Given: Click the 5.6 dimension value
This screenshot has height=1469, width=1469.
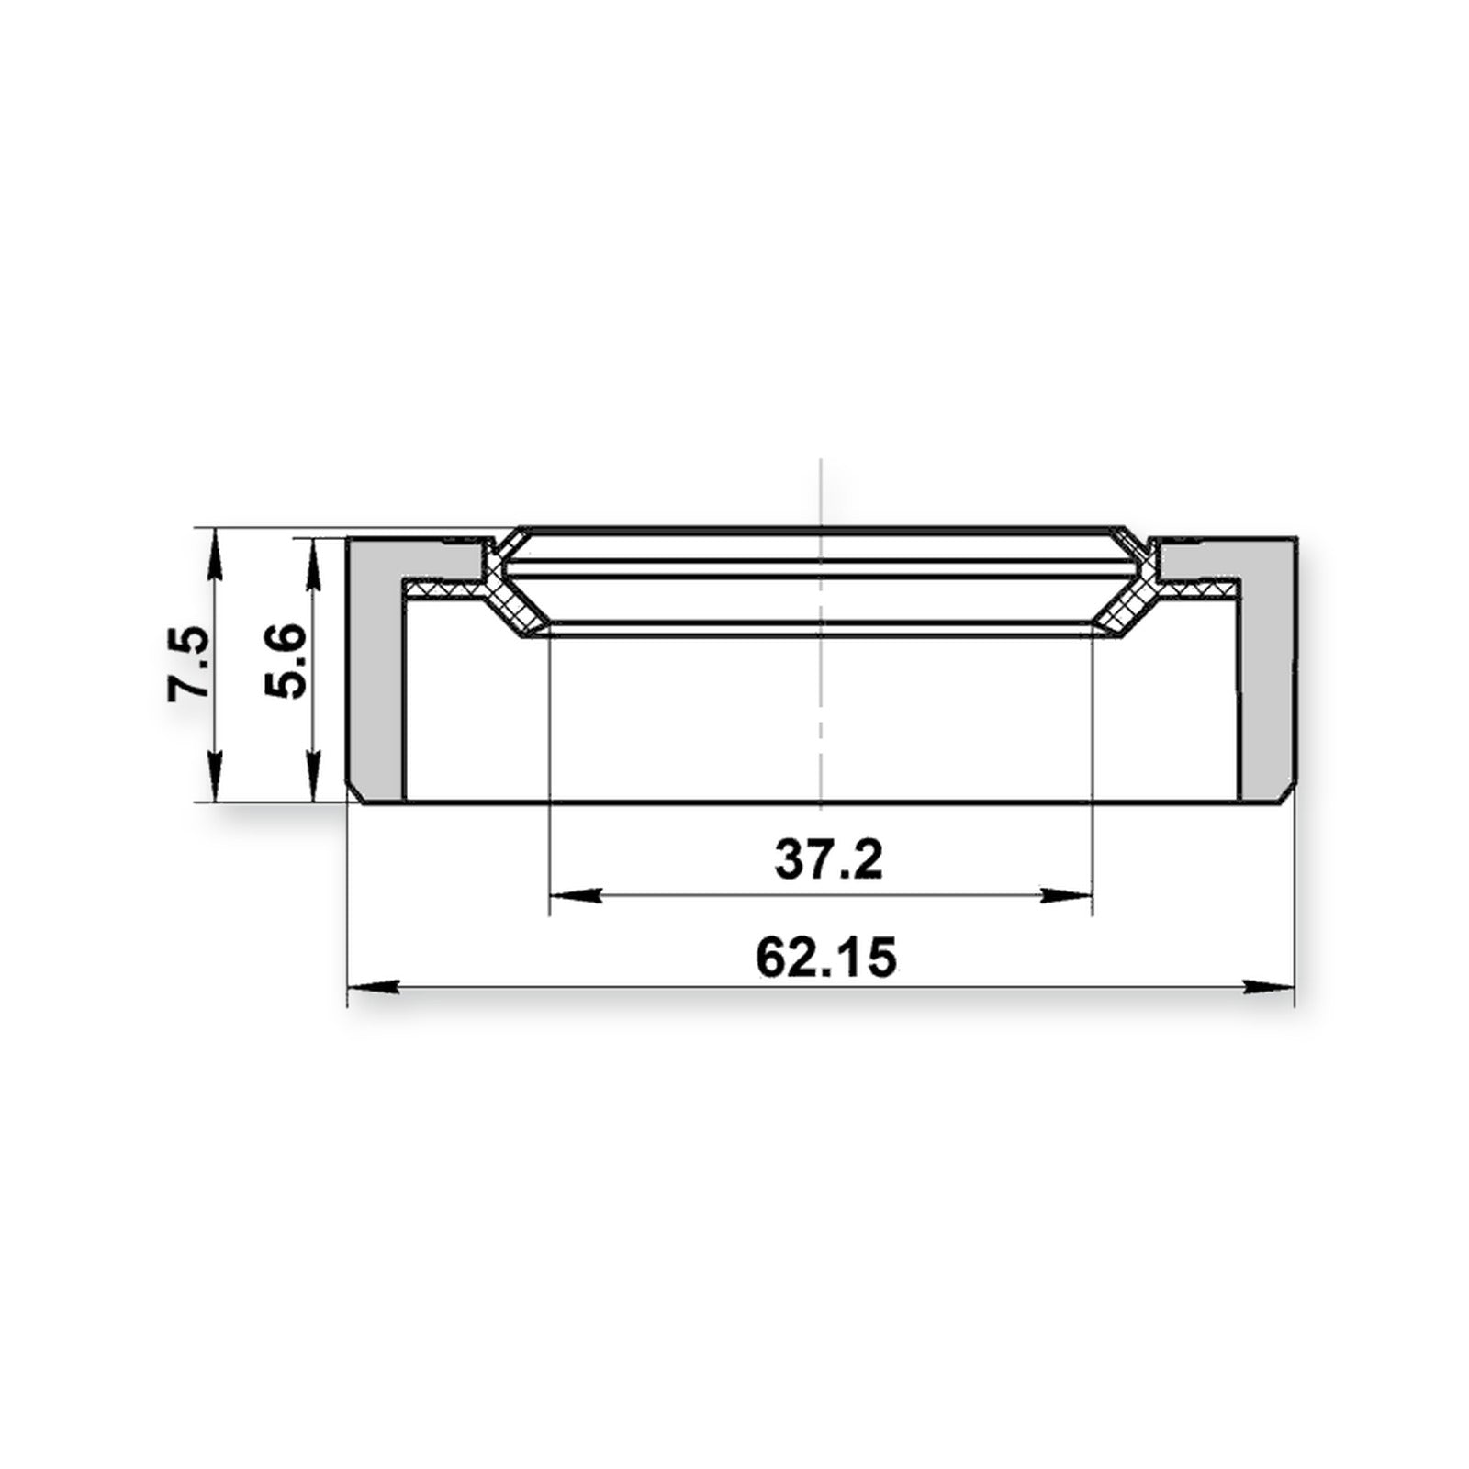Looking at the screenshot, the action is [285, 660].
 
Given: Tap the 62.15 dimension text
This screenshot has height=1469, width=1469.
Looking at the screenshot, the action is [825, 957].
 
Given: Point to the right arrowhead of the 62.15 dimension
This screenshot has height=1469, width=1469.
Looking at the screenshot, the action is [1268, 987].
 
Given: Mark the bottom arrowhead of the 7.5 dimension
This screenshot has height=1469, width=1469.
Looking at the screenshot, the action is [214, 777].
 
